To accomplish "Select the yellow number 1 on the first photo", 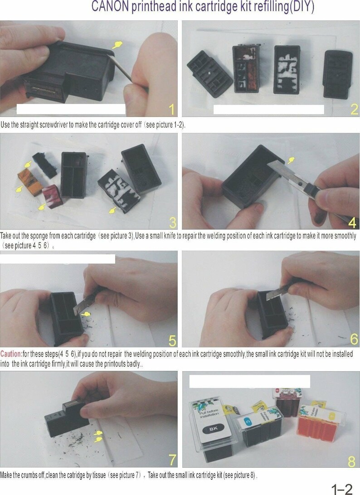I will tap(171, 109).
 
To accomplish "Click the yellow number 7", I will tap(172, 460).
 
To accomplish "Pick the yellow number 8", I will tap(352, 461).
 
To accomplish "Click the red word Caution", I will tap(11, 353).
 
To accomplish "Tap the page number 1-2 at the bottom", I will tap(342, 489).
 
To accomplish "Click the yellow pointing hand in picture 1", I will tap(117, 44).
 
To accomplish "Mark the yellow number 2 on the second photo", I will tap(354, 109).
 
